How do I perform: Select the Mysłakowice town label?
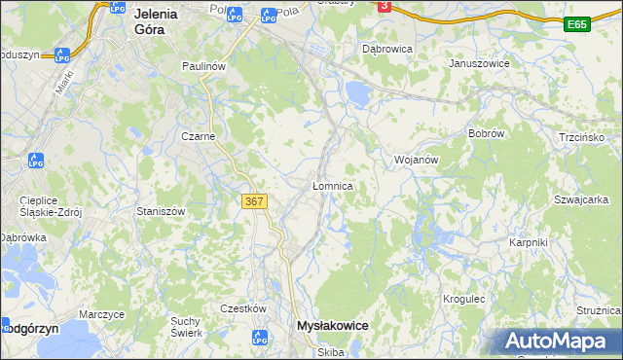click(x=331, y=327)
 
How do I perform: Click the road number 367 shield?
click(x=253, y=201)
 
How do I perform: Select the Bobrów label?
click(x=485, y=133)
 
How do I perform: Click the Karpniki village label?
click(x=529, y=241)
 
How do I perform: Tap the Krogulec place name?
click(x=464, y=299)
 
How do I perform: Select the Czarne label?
click(x=198, y=137)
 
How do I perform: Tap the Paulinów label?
click(x=204, y=65)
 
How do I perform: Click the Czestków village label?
click(x=243, y=308)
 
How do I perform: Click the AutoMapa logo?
click(x=558, y=342)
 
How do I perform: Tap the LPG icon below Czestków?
click(x=260, y=338)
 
